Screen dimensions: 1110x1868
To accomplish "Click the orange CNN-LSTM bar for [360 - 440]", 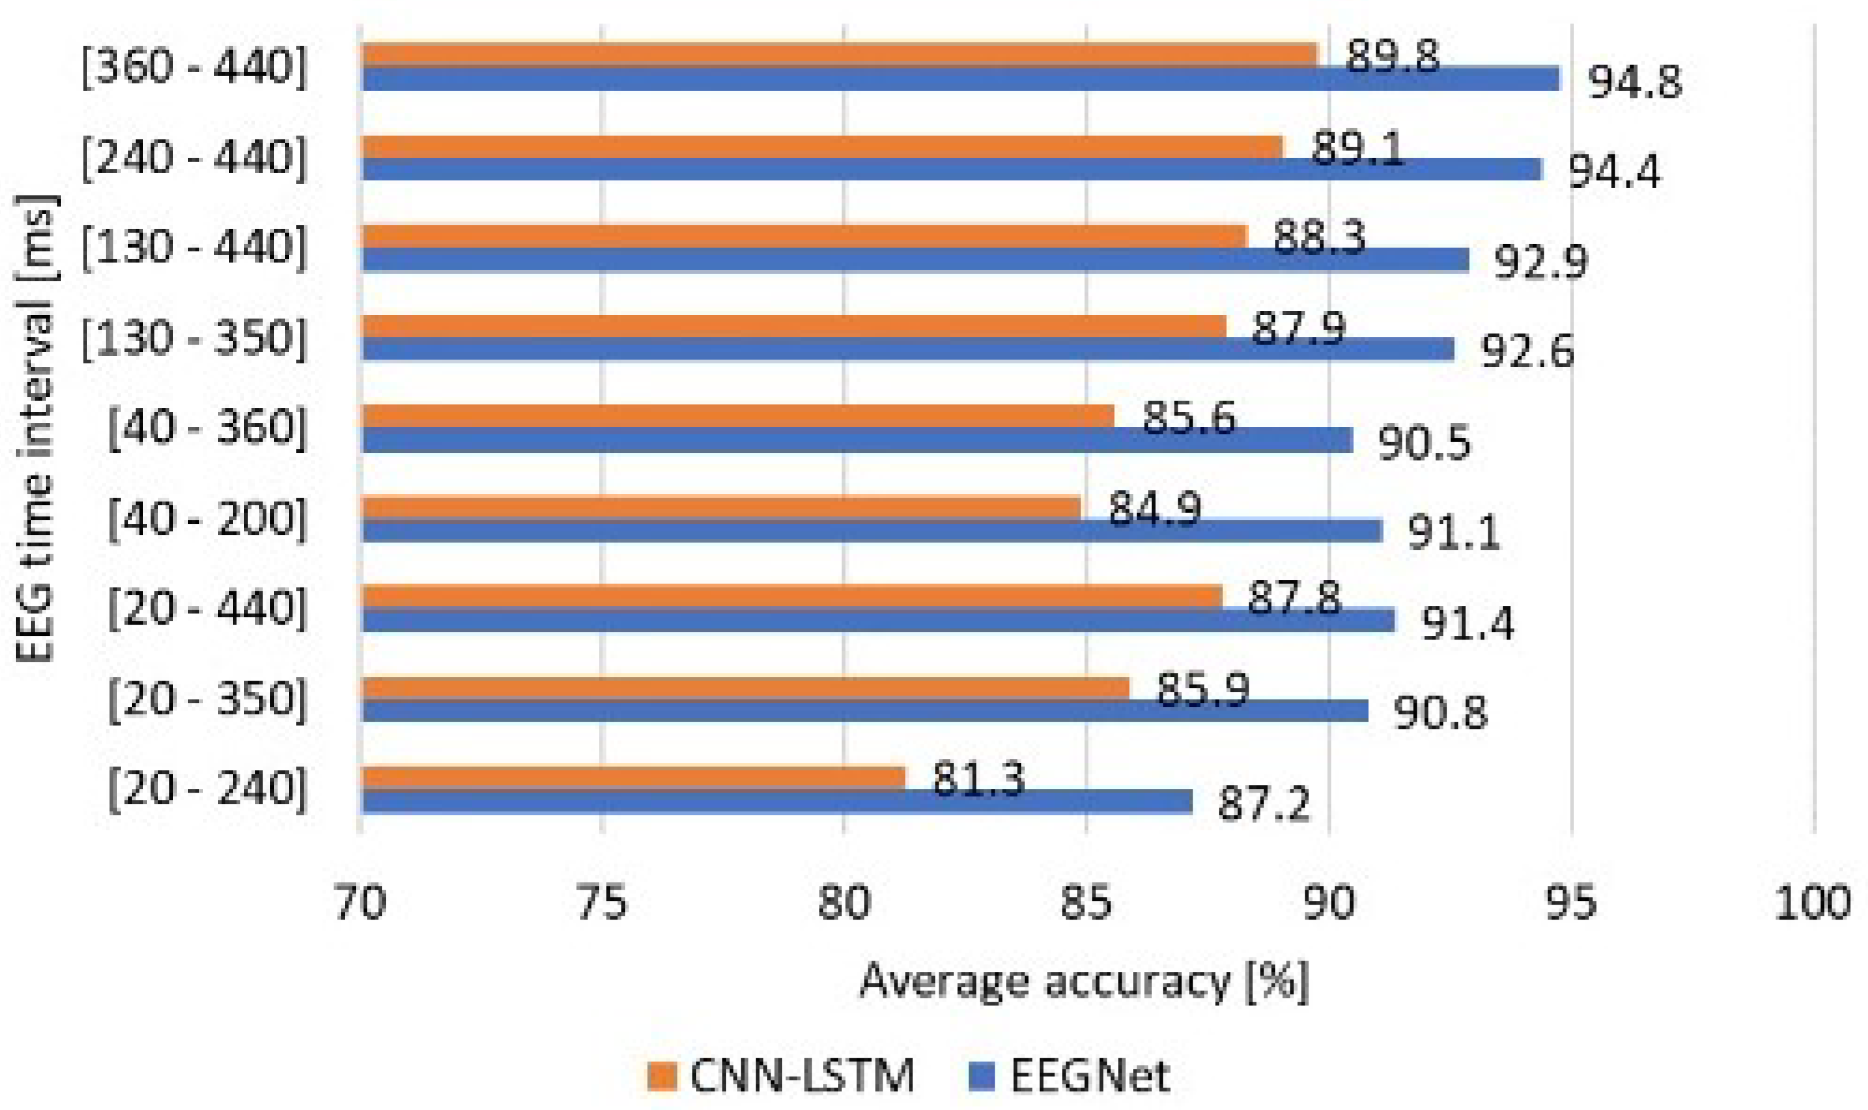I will click(838, 55).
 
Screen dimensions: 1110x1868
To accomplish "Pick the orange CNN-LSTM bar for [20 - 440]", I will click(792, 597).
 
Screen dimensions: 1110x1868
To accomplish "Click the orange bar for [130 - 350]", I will click(793, 326).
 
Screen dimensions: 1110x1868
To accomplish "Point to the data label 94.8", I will click(1635, 82).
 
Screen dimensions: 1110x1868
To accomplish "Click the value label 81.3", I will click(978, 781).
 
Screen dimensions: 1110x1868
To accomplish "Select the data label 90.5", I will click(1424, 444).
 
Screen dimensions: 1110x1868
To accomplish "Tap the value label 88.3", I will click(1320, 237).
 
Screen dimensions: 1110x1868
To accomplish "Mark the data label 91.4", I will click(1467, 623).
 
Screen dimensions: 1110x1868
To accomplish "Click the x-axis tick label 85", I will click(1086, 903).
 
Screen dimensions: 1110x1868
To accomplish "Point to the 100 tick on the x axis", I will click(1813, 903).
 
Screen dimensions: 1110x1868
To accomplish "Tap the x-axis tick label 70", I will click(360, 903).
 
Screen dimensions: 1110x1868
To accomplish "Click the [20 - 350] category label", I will click(207, 700).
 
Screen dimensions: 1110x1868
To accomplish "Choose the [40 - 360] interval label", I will click(207, 429).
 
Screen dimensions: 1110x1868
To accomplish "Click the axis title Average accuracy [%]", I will click(1084, 981).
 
